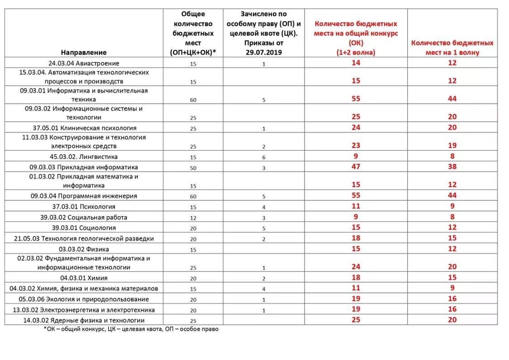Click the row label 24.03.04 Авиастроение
coord(84,63)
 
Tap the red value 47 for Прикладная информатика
coord(356,167)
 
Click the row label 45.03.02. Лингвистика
coord(84,156)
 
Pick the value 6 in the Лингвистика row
coord(263,157)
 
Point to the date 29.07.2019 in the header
coord(263,52)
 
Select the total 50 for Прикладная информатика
coord(193,167)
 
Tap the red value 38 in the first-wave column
coord(452,167)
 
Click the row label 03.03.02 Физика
coord(84,249)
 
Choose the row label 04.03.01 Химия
coord(84,278)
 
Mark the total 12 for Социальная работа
coord(193,218)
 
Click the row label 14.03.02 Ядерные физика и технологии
coord(84,320)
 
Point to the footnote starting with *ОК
coord(131,329)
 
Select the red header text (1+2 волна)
coord(356,52)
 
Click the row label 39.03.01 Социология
coord(84,228)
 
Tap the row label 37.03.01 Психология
coord(84,207)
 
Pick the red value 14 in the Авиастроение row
coord(356,63)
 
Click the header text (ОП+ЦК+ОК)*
coord(193,52)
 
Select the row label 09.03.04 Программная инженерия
coord(84,196)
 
